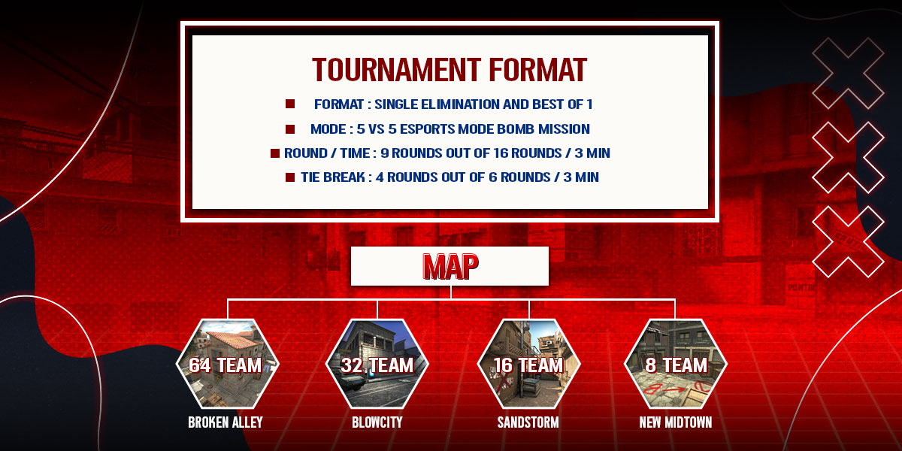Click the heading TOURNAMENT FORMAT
pos(449,70)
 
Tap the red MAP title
pos(450,266)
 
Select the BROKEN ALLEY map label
pos(225,422)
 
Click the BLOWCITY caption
pos(377,422)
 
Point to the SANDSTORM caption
pos(528,422)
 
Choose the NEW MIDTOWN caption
pos(675,422)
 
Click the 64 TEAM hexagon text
pos(225,365)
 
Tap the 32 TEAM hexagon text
pos(377,365)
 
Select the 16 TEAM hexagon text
pos(528,365)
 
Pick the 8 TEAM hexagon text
pos(676,365)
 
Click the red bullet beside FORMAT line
pos(290,104)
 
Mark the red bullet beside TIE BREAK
pos(290,177)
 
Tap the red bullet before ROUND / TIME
pos(275,153)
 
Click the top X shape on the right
pos(848,74)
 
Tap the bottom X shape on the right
pos(848,242)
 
